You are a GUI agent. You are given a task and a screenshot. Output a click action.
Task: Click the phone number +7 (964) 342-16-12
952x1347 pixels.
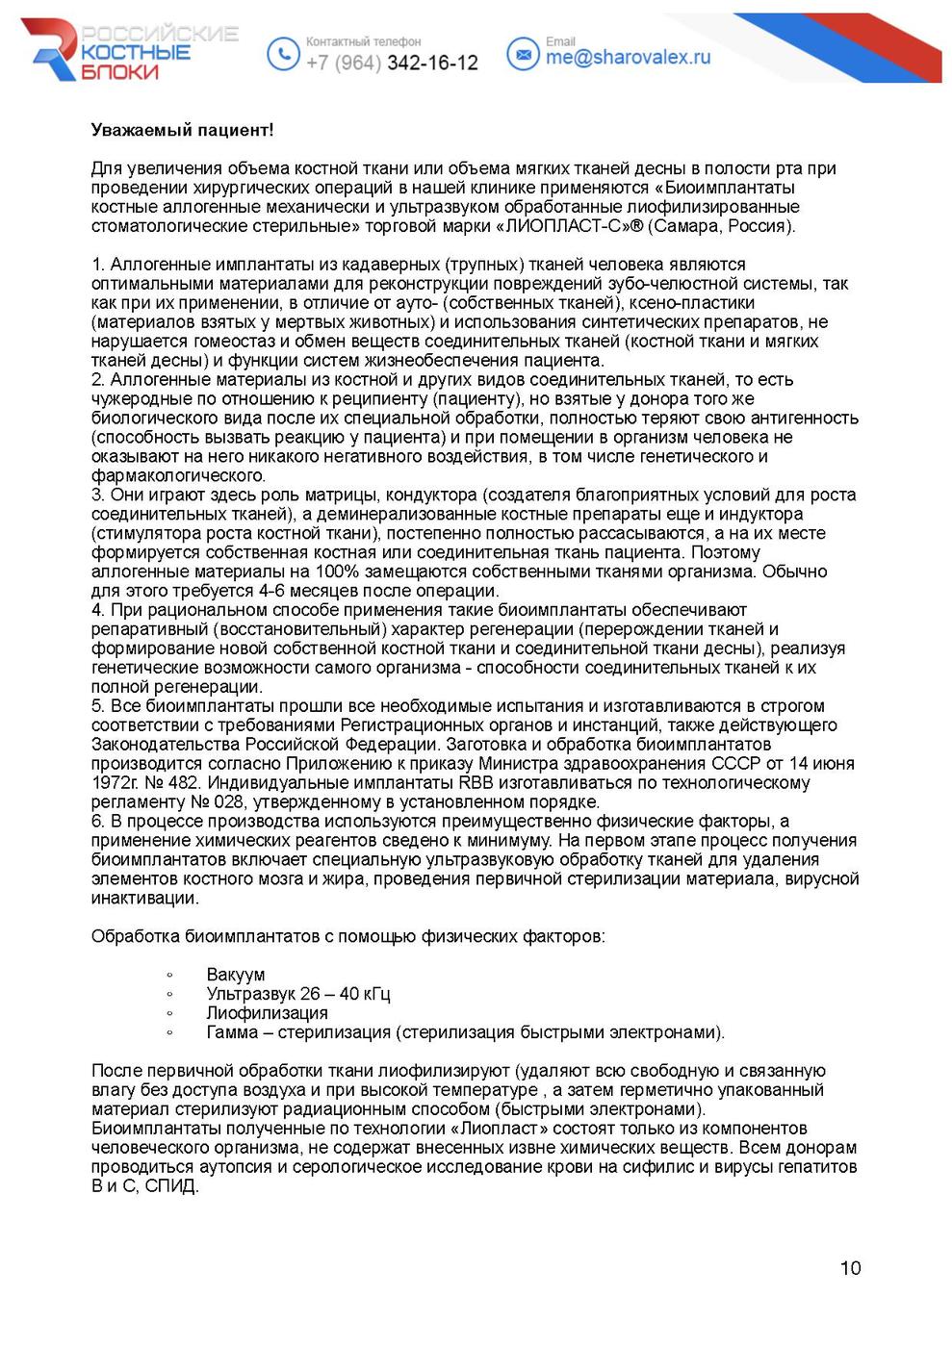tap(392, 63)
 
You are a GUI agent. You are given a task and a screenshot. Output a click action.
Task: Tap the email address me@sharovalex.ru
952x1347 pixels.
tap(628, 57)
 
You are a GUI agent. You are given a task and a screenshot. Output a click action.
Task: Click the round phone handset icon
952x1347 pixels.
tap(282, 53)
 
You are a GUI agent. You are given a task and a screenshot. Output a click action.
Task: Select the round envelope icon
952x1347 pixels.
tap(523, 54)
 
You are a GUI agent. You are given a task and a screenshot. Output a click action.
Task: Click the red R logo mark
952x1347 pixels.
tap(53, 49)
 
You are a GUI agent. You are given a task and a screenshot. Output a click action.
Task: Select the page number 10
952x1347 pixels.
tap(850, 1268)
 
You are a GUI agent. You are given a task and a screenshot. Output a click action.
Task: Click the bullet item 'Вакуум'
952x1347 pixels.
tap(235, 975)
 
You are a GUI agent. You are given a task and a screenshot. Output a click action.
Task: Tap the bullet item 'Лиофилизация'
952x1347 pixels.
tap(267, 1013)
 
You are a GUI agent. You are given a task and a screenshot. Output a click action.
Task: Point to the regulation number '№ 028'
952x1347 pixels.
tap(216, 802)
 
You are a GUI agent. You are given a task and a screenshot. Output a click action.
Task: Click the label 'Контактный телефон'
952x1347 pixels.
tap(363, 41)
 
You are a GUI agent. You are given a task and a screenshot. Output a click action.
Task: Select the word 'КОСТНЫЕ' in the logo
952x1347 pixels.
tap(135, 52)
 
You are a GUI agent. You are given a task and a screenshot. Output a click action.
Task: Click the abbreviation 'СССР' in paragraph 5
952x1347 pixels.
tap(735, 764)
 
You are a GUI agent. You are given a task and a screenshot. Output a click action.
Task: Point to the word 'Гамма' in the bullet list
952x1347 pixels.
tap(232, 1032)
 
